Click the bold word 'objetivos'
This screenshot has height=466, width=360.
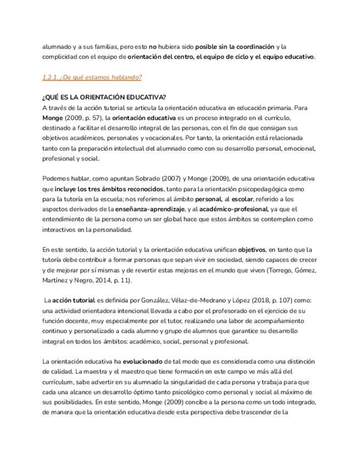[252, 250]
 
